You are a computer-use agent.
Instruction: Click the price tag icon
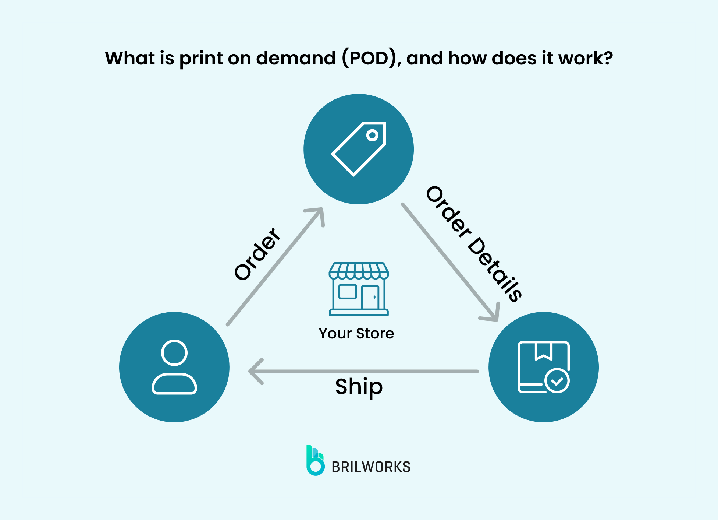coord(359,149)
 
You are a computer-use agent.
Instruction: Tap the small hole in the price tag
coord(372,135)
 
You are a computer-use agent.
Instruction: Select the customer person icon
coord(174,367)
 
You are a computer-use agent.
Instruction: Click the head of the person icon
coord(174,352)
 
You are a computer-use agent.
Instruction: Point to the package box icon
coord(543,367)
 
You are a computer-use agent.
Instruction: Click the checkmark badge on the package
coord(557,381)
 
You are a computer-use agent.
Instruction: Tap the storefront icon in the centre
coord(359,289)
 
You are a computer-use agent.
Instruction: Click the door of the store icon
coord(370,297)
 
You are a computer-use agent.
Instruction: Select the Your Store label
coord(356,333)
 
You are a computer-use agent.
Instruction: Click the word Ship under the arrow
coord(359,387)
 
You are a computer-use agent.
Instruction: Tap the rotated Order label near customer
coord(257,254)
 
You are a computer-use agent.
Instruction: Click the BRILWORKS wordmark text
coord(371,467)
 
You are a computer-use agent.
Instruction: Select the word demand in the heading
coord(296,58)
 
